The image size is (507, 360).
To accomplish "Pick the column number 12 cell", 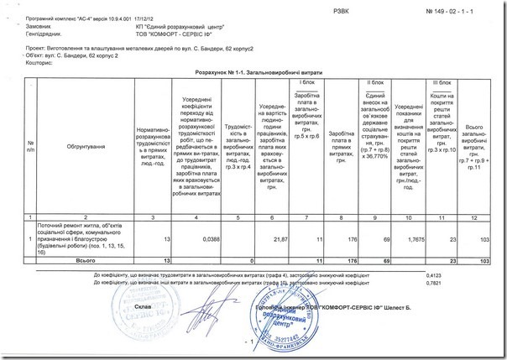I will (x=473, y=217).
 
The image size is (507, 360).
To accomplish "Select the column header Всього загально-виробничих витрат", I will (x=473, y=147).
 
